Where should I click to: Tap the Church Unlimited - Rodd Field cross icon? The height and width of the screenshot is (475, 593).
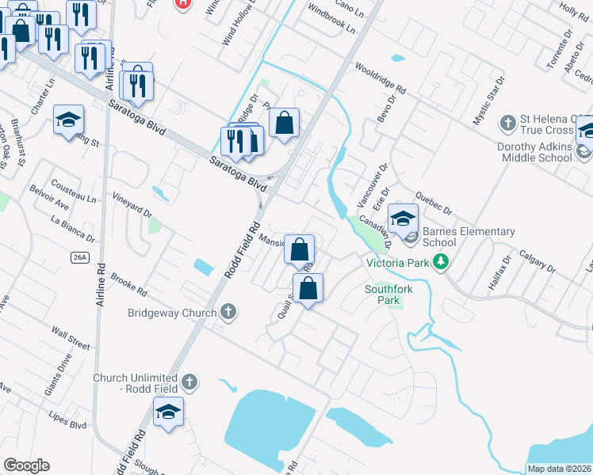pos(188,382)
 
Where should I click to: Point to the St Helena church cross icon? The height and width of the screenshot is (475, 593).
pos(509,123)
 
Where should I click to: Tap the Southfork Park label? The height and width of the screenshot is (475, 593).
pos(388,294)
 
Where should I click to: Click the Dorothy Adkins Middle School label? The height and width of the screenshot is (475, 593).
pos(534,152)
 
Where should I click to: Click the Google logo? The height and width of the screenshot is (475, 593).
pos(26,465)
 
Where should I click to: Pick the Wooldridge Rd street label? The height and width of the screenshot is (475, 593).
pos(381,78)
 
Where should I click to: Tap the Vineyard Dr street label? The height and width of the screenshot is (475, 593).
pos(132,203)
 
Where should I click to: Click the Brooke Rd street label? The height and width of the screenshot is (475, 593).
pos(129,281)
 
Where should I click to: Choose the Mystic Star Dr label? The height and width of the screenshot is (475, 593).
pos(488,101)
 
